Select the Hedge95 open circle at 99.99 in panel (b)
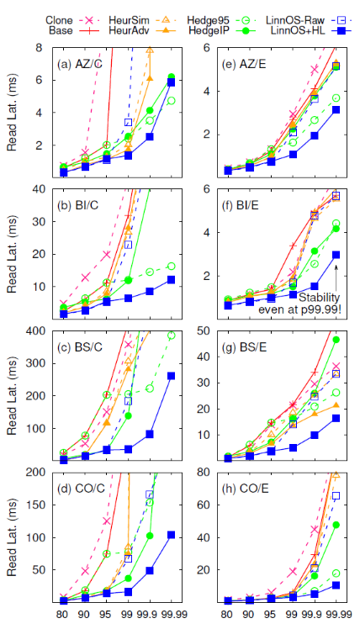tap(172, 267)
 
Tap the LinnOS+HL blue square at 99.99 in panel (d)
tap(172, 535)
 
